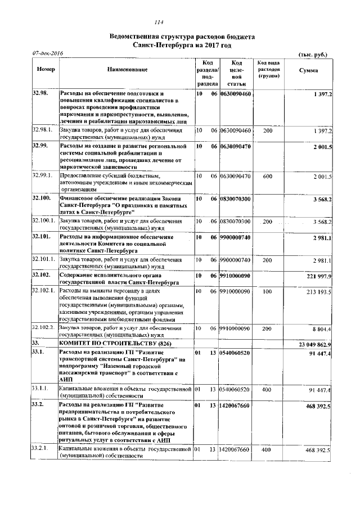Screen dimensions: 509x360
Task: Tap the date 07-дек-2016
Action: point(47,53)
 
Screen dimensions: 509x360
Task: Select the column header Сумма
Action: point(308,70)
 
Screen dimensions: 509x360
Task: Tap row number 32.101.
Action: point(42,237)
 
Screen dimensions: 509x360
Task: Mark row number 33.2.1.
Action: point(42,449)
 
